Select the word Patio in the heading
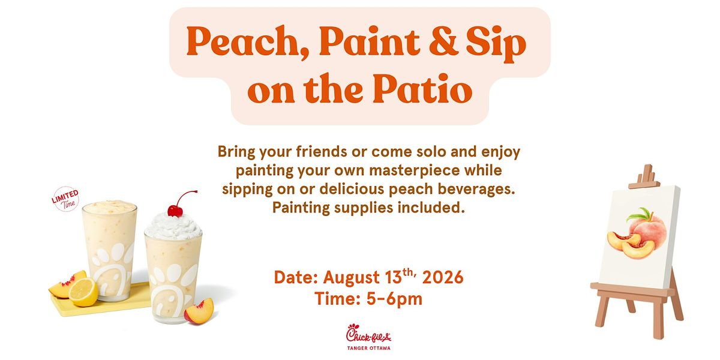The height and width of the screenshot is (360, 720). (x=422, y=88)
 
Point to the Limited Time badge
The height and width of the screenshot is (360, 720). (x=65, y=199)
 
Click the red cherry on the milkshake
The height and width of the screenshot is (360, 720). (x=175, y=211)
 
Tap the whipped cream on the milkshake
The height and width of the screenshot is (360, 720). (x=173, y=227)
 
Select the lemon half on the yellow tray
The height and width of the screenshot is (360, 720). (x=83, y=292)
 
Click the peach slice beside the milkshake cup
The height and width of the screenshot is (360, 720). (x=199, y=311)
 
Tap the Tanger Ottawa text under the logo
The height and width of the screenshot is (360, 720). (x=368, y=348)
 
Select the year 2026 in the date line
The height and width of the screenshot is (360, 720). (x=443, y=277)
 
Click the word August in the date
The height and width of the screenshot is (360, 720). (x=352, y=278)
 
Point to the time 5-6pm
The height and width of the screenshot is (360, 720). (x=394, y=299)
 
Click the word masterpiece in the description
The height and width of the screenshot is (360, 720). (x=415, y=170)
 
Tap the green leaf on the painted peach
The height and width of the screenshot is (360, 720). (x=640, y=214)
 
